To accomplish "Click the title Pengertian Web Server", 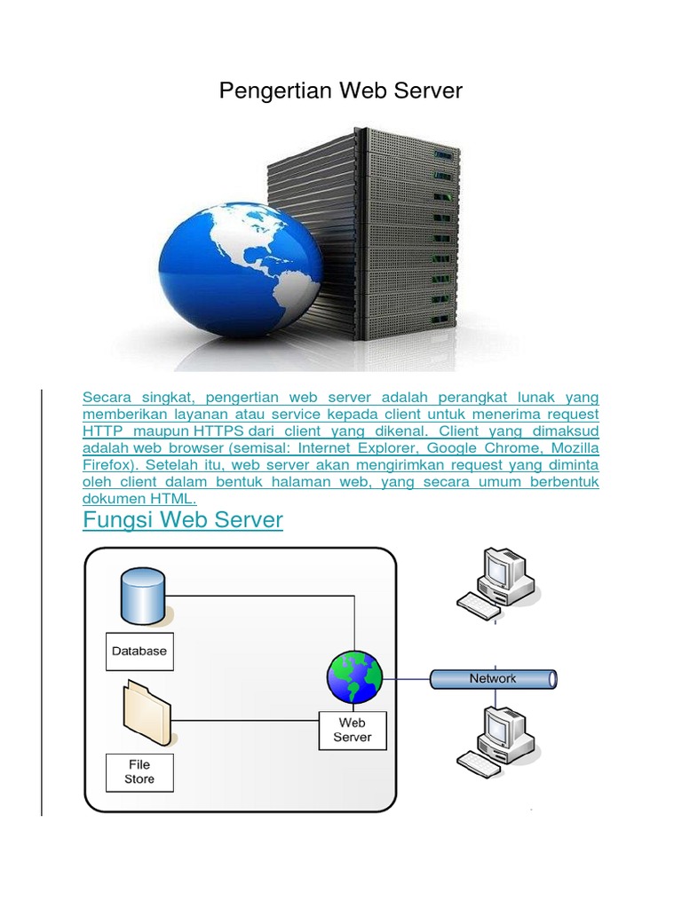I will tap(341, 91).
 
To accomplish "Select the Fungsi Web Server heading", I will tap(183, 520).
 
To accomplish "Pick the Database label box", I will tap(139, 651).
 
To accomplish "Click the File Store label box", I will tap(139, 771).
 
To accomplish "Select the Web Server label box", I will tap(353, 731).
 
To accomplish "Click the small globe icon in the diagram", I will tap(354, 677).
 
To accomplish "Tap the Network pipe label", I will tap(493, 679).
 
